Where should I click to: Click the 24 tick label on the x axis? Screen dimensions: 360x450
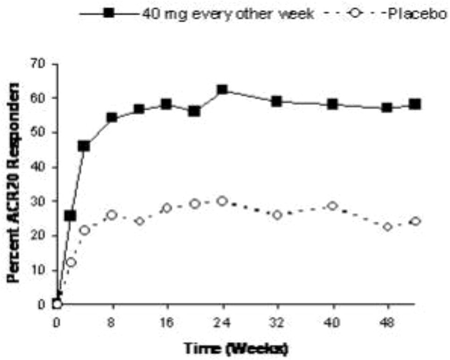pyautogui.click(x=222, y=322)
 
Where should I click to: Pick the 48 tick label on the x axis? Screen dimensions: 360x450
pyautogui.click(x=387, y=322)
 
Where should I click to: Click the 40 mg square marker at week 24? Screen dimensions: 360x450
pyautogui.click(x=222, y=89)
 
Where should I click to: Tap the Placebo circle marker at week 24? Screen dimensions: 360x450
pyautogui.click(x=222, y=201)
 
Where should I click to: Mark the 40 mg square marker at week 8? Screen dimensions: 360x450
pyautogui.click(x=112, y=117)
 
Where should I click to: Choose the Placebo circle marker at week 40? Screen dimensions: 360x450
pyautogui.click(x=332, y=206)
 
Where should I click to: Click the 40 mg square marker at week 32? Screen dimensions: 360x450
pyautogui.click(x=277, y=101)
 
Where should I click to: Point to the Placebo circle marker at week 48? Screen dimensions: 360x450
pyautogui.click(x=387, y=227)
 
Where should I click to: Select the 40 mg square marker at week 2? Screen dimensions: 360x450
pyautogui.click(x=70, y=216)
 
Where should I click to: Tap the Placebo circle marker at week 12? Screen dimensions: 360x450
pyautogui.click(x=140, y=221)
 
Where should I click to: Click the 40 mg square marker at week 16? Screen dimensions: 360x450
pyautogui.click(x=167, y=104)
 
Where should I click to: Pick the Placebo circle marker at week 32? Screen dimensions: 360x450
pyautogui.click(x=277, y=215)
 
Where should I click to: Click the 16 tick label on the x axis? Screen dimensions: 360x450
pyautogui.click(x=167, y=322)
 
